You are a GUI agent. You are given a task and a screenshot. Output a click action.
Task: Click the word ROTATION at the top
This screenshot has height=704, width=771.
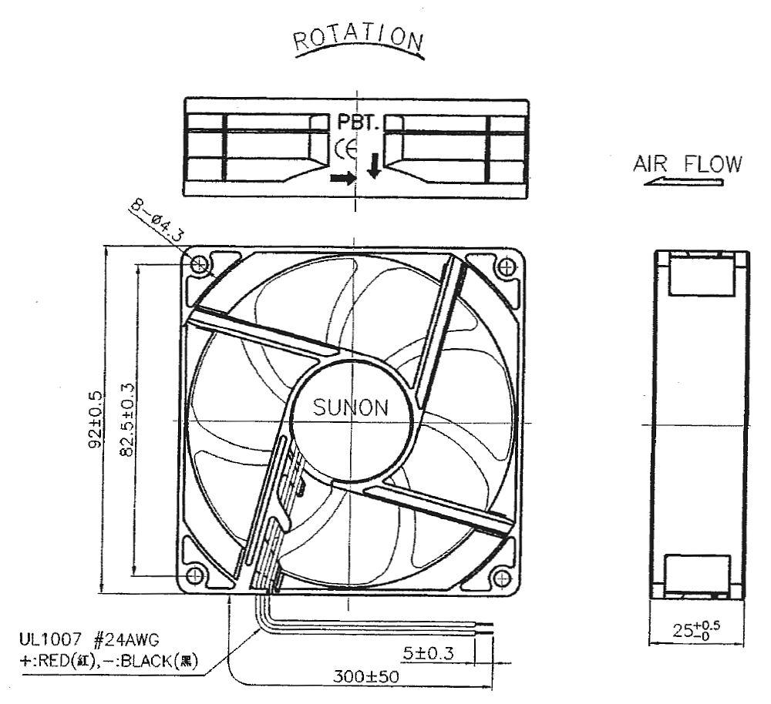(359, 39)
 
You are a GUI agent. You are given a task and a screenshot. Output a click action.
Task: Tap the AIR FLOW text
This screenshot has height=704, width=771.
(688, 164)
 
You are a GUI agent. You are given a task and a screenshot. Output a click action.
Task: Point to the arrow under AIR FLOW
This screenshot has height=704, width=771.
(683, 183)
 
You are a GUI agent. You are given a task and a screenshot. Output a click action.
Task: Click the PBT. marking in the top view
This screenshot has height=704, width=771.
(358, 122)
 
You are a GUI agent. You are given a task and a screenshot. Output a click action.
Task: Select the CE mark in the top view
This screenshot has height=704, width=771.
(346, 150)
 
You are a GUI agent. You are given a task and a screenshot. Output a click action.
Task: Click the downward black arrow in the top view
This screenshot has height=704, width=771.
(374, 166)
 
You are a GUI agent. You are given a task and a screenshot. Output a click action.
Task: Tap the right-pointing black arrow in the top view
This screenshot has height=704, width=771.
(343, 179)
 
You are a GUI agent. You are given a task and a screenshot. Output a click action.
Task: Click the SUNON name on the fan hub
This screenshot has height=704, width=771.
(351, 407)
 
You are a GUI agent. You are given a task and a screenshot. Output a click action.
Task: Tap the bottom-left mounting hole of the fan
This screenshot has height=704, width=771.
(195, 575)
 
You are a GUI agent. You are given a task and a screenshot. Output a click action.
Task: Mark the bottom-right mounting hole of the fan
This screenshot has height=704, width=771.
(502, 578)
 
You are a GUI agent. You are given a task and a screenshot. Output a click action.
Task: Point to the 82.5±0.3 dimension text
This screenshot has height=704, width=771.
(127, 420)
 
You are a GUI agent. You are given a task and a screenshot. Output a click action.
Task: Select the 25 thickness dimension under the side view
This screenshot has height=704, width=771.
(695, 629)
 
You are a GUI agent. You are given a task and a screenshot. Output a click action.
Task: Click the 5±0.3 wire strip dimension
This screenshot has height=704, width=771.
(428, 653)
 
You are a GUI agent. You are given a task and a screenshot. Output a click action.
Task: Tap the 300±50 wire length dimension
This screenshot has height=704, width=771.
(365, 676)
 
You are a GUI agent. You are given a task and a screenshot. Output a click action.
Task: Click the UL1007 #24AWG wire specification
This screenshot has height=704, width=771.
(89, 639)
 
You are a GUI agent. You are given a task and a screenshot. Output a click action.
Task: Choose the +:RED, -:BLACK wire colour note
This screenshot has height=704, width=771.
(108, 662)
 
